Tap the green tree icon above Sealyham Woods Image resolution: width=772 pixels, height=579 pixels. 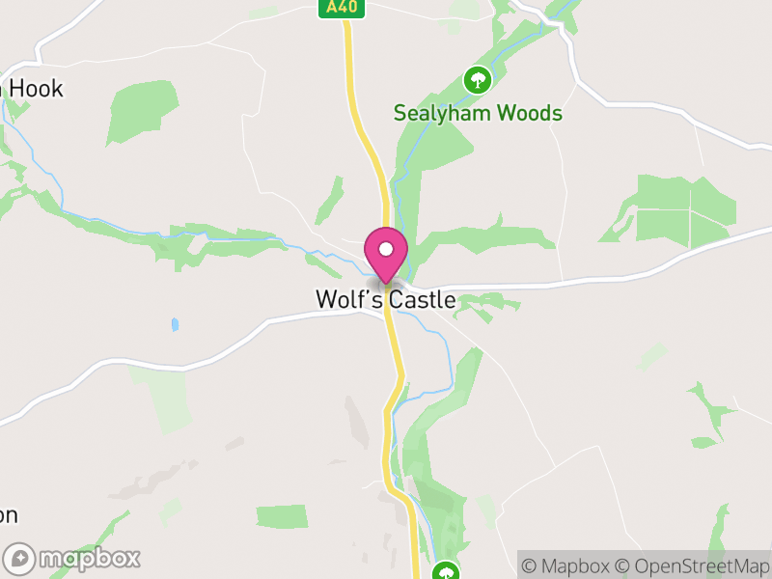tap(477, 79)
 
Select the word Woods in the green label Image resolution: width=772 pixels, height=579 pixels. tap(529, 113)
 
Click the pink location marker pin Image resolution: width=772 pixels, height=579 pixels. tap(386, 254)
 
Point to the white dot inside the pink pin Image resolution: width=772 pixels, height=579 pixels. tap(386, 249)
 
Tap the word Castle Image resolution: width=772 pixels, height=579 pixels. tap(423, 300)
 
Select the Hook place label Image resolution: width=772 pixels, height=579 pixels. tap(36, 89)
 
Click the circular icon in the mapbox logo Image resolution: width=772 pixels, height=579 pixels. tap(20, 558)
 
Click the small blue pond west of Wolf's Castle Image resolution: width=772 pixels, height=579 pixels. tap(175, 324)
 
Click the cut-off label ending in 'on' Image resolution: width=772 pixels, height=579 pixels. tap(8, 514)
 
